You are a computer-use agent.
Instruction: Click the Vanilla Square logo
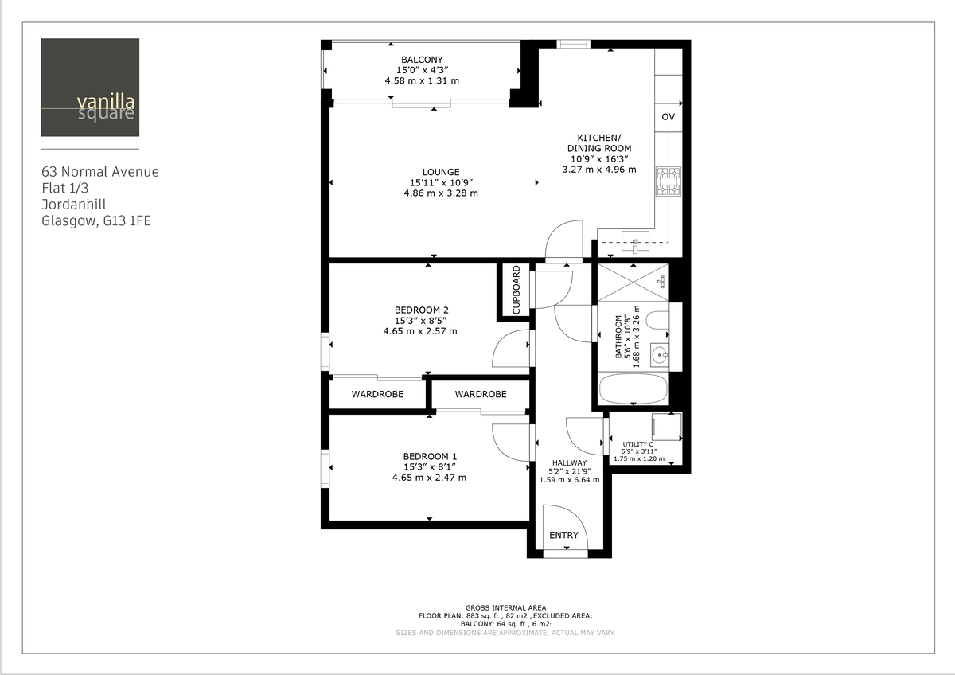pyautogui.click(x=90, y=88)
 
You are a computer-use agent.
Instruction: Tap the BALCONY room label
pyautogui.click(x=422, y=60)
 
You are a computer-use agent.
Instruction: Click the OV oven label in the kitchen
pyautogui.click(x=668, y=117)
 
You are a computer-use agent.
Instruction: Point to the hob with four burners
pyautogui.click(x=668, y=181)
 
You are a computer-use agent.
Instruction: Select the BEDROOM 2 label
pyautogui.click(x=421, y=310)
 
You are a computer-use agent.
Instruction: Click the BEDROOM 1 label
pyautogui.click(x=429, y=456)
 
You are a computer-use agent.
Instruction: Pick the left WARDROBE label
pyautogui.click(x=377, y=394)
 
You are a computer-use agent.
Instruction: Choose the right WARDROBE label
pyautogui.click(x=481, y=394)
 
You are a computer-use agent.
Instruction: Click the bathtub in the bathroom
pyautogui.click(x=633, y=389)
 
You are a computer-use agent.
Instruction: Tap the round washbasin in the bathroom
pyautogui.click(x=658, y=354)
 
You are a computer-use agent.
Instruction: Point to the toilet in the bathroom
pyautogui.click(x=657, y=321)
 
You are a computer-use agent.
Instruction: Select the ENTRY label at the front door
pyautogui.click(x=563, y=535)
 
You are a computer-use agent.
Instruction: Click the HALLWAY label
pyautogui.click(x=569, y=462)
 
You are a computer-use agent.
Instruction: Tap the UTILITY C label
pyautogui.click(x=638, y=443)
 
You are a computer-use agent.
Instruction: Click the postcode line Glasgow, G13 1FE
pyautogui.click(x=95, y=221)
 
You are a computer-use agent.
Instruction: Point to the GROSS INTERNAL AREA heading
pyautogui.click(x=505, y=607)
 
